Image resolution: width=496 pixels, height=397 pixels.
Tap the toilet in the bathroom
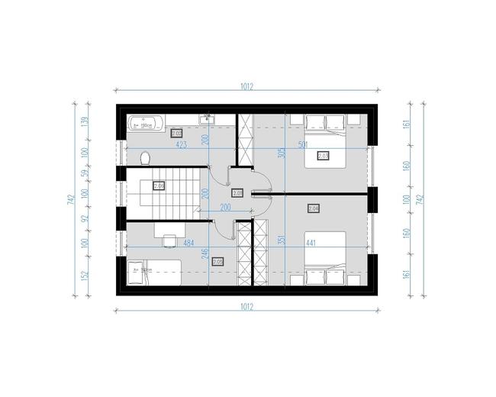[144, 158]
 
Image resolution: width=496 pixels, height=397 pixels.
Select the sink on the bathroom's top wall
[206, 119]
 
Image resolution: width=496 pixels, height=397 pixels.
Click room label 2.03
[323, 155]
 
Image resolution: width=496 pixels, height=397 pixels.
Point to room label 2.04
[314, 208]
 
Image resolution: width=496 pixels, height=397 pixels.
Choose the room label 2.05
[217, 261]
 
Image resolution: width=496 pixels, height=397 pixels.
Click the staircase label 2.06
[159, 186]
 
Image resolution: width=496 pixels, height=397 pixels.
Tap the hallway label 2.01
[237, 193]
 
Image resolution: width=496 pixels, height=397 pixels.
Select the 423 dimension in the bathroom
[182, 144]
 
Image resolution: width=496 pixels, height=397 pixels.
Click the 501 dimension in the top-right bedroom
[324, 144]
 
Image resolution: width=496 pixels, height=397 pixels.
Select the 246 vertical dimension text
[205, 254]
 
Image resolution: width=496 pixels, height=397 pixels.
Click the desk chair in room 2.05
[167, 239]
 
